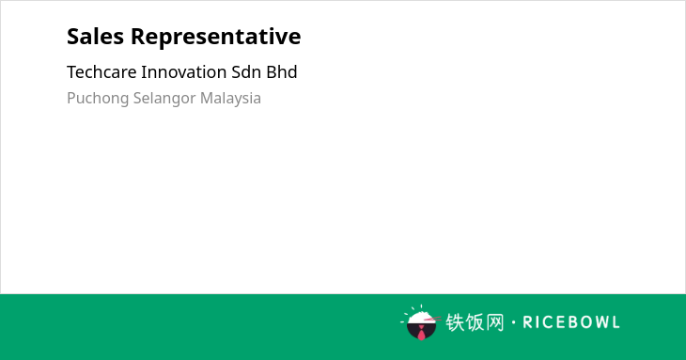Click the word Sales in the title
tap(95, 36)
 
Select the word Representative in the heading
tap(216, 37)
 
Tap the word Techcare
tap(101, 71)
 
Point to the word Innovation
tap(184, 71)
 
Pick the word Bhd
tap(282, 71)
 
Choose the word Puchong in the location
tap(98, 99)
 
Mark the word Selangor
tap(164, 99)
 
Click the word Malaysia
tap(230, 99)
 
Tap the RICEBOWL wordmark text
tap(571, 322)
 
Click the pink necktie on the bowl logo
tap(421, 333)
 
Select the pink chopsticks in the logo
tap(432, 319)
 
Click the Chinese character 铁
tap(455, 322)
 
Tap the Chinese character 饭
tap(476, 322)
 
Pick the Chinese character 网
tap(495, 322)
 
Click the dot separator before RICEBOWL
tap(514, 322)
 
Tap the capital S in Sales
tap(73, 37)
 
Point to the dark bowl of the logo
tap(421, 331)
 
